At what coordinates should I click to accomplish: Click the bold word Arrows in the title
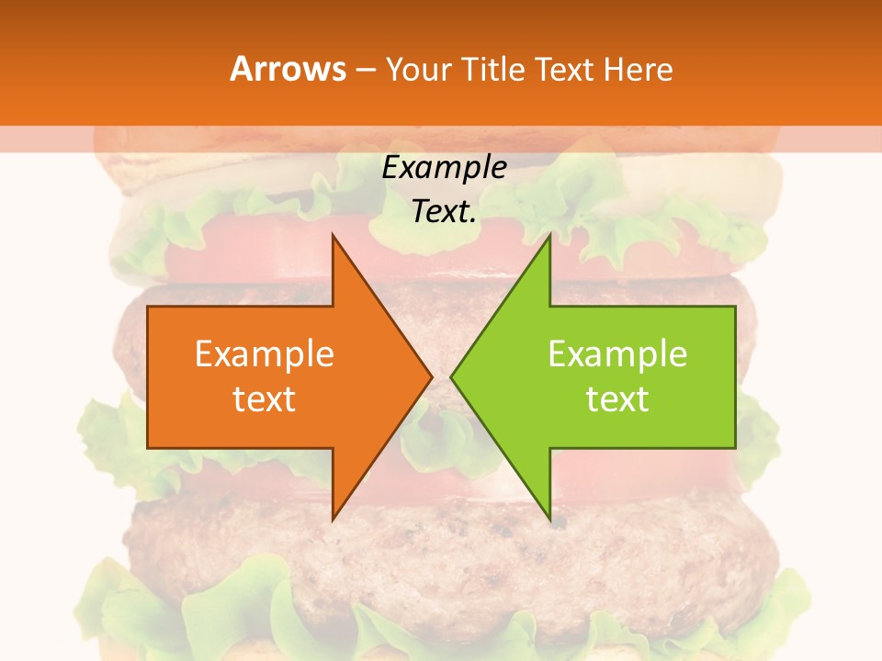[x=288, y=70]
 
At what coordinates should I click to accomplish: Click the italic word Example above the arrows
[x=444, y=167]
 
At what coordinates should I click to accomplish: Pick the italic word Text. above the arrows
[x=444, y=211]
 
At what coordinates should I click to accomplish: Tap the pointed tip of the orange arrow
[x=431, y=377]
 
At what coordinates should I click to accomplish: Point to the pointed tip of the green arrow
[x=452, y=377]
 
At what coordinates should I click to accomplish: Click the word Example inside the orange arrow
[x=265, y=354]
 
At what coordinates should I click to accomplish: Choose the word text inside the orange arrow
[x=265, y=399]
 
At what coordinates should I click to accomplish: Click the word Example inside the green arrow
[x=617, y=354]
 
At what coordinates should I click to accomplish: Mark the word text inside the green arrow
[x=617, y=399]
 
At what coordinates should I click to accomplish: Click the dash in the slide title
[x=365, y=70]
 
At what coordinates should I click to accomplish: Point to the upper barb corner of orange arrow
[x=333, y=236]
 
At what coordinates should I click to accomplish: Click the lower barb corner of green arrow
[x=549, y=520]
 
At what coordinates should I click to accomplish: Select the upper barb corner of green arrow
[x=549, y=236]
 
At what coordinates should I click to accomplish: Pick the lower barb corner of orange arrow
[x=333, y=520]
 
